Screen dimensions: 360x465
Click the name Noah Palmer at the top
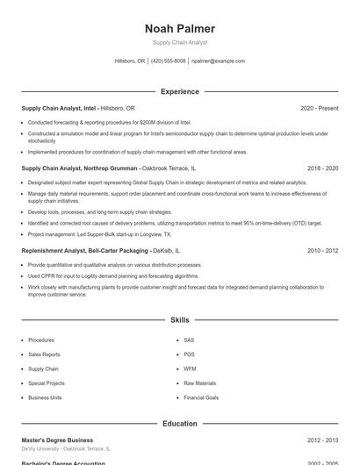(x=179, y=29)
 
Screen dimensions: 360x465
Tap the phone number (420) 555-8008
(x=168, y=61)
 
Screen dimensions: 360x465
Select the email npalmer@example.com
(x=218, y=61)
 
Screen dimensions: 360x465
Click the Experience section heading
(x=179, y=91)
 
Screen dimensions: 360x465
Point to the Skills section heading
(x=179, y=321)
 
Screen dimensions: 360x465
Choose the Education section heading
(x=179, y=424)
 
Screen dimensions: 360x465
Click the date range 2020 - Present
(x=319, y=108)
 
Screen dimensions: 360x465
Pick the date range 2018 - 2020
(x=322, y=168)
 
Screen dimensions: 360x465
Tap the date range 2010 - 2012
(x=322, y=250)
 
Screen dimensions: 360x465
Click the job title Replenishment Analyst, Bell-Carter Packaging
(x=84, y=250)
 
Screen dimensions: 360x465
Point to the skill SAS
(x=189, y=340)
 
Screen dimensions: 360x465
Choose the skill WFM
(x=190, y=368)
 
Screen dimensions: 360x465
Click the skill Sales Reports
(x=45, y=354)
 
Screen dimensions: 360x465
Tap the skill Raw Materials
(x=199, y=383)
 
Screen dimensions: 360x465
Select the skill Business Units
(x=45, y=397)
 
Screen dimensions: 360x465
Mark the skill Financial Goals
(x=201, y=397)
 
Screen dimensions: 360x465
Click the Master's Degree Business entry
(x=57, y=440)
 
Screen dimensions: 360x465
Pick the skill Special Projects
(x=47, y=383)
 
